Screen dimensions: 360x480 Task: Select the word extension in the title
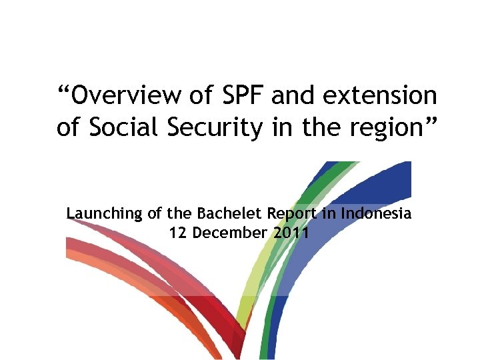(380, 96)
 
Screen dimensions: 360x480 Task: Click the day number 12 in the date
(178, 233)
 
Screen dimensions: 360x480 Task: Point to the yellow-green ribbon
(257, 267)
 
